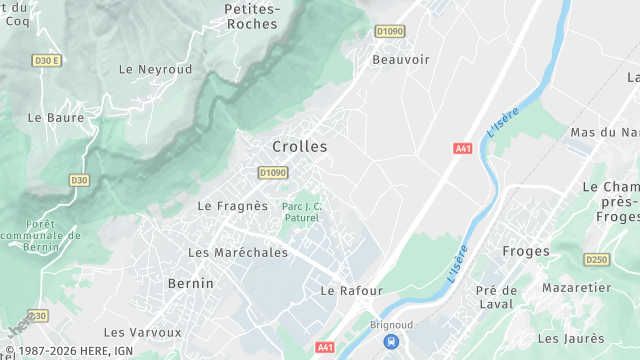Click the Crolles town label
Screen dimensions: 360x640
[x=299, y=146]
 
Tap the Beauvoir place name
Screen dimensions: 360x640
[x=400, y=59]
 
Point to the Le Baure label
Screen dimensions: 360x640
[x=56, y=117]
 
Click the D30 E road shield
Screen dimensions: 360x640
[x=47, y=61]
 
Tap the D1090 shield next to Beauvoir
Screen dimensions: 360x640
[x=389, y=31]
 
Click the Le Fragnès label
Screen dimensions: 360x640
[x=233, y=206]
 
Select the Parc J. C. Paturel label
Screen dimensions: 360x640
[x=302, y=211]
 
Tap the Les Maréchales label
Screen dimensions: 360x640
[x=238, y=252]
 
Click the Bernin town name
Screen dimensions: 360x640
[x=190, y=283]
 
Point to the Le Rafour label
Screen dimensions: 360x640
[x=351, y=290]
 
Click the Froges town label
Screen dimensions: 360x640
[x=527, y=251]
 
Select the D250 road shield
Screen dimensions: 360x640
[x=596, y=260]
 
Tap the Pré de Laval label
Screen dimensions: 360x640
[x=496, y=297]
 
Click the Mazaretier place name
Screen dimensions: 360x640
[x=576, y=287]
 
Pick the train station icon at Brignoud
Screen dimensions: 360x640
[x=389, y=342]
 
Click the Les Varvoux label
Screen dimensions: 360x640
[x=143, y=332]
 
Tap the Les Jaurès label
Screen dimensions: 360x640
[x=573, y=339]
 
